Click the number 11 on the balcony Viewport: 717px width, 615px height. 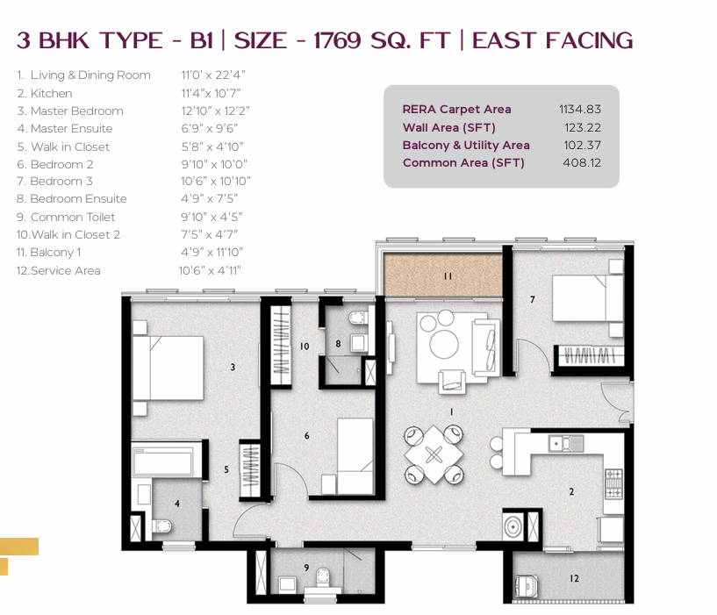448,276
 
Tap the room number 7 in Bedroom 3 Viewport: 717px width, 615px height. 532,299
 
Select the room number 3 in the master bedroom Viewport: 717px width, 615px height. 233,367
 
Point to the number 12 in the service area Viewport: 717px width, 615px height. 574,578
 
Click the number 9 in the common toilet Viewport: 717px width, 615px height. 307,568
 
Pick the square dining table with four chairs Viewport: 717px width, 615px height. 434,454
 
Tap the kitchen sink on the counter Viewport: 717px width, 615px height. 566,443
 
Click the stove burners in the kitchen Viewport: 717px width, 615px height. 613,483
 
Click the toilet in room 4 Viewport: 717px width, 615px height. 161,526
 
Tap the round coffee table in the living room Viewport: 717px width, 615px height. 443,344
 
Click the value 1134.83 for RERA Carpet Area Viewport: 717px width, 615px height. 580,110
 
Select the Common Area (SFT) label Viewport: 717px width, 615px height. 463,163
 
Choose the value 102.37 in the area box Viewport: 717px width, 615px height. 582,145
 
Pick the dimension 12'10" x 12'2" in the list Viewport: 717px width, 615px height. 215,111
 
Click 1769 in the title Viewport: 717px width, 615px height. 338,40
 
